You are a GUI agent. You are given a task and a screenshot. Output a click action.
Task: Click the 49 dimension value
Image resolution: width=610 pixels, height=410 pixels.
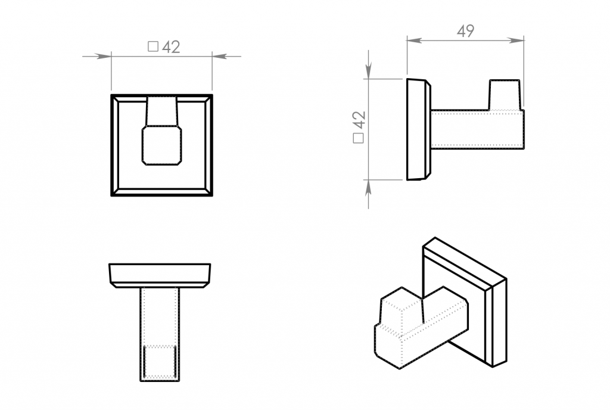click(x=465, y=31)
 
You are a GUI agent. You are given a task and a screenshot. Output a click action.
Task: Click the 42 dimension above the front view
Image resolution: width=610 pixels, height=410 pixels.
click(x=171, y=47)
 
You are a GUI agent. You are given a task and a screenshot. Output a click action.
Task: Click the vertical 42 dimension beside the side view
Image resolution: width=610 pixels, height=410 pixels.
click(x=359, y=120)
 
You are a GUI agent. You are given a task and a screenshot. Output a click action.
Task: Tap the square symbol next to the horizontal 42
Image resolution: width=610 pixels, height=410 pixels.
click(x=153, y=46)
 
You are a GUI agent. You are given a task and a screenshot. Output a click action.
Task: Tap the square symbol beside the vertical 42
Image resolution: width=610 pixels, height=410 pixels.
click(x=358, y=138)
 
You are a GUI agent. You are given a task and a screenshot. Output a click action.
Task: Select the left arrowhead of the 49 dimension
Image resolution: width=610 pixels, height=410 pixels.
click(x=415, y=40)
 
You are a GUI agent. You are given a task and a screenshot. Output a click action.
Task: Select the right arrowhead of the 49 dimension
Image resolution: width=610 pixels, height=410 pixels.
click(x=516, y=40)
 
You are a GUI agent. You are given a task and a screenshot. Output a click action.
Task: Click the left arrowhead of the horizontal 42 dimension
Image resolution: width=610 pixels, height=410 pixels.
click(x=104, y=57)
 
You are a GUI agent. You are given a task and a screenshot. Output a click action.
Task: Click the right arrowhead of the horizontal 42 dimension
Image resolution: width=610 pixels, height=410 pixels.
click(x=220, y=57)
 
